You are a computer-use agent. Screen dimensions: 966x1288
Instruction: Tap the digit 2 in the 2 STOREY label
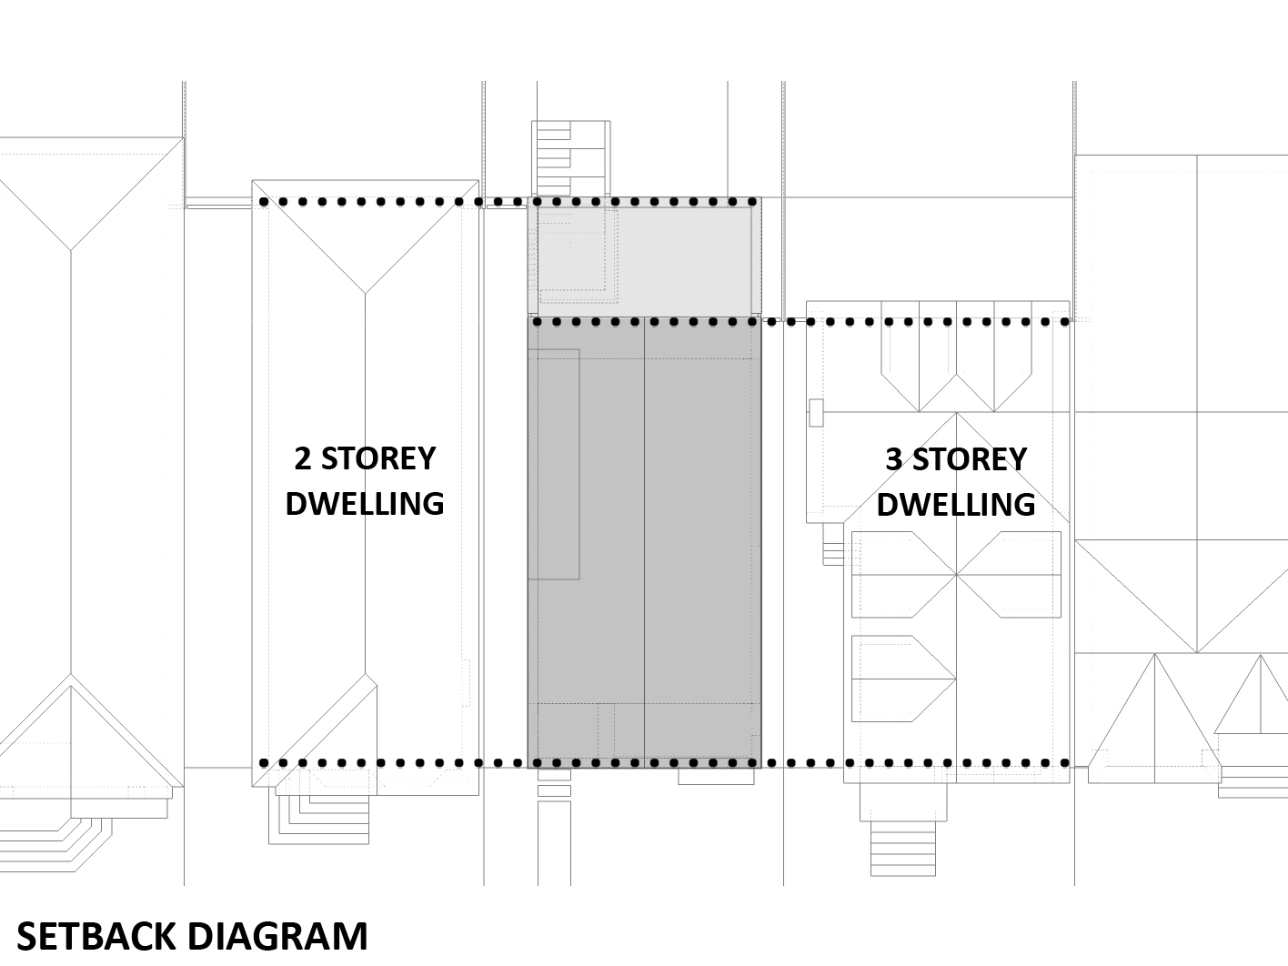(302, 458)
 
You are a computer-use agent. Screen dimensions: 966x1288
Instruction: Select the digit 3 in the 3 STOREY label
(895, 459)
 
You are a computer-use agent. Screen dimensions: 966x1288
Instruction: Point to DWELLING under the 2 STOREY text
(364, 503)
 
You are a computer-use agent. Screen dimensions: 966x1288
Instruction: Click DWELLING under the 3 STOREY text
(955, 504)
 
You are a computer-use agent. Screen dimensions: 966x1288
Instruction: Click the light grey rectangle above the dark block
(644, 257)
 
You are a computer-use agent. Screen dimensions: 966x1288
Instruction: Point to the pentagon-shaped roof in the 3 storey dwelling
(901, 678)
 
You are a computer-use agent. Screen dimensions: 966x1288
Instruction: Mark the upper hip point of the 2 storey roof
(365, 293)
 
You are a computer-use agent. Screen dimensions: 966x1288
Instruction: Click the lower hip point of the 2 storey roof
(365, 675)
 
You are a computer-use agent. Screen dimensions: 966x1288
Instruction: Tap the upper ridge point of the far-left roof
(71, 249)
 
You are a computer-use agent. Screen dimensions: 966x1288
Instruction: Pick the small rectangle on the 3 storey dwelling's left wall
(816, 413)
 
